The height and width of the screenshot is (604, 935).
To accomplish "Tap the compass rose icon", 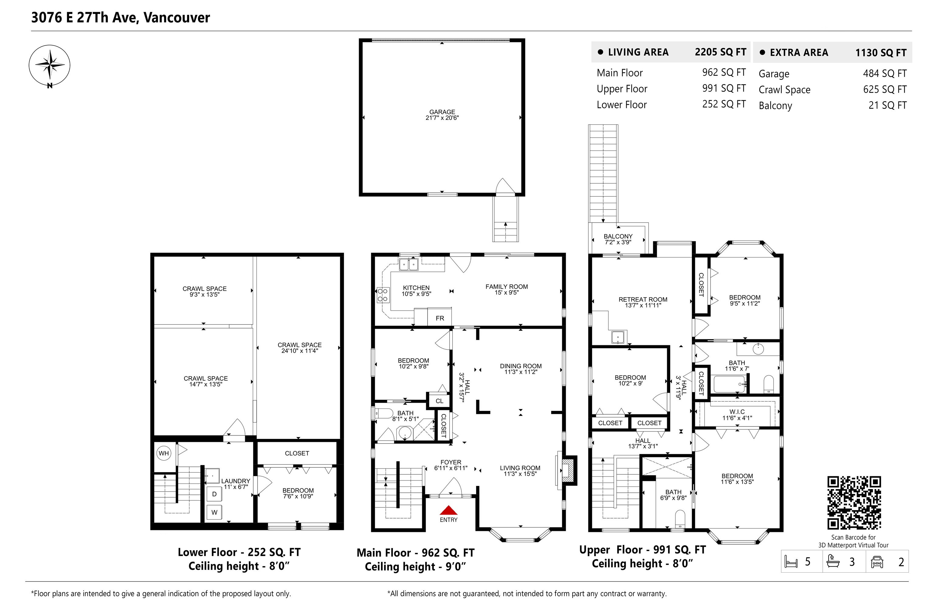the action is click(49, 65).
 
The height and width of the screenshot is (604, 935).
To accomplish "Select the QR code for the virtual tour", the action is click(854, 502).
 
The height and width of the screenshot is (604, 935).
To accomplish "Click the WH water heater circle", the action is click(164, 453).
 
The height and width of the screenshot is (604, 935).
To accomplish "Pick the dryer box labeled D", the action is click(214, 494).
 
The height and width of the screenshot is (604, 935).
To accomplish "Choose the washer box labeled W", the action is click(214, 512).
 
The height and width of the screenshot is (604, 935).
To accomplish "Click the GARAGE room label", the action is click(442, 112).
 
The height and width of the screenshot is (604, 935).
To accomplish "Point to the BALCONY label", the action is click(618, 236).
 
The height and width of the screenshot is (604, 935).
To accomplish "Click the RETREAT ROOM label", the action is click(643, 299).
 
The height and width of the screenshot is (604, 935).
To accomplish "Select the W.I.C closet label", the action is click(737, 412).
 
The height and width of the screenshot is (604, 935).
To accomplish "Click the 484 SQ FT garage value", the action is click(885, 73).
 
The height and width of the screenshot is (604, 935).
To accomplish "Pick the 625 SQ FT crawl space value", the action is click(885, 89).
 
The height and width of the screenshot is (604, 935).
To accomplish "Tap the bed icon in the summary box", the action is click(791, 562).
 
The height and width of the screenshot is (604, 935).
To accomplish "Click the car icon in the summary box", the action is click(877, 562).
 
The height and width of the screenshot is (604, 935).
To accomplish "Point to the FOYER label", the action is click(451, 462).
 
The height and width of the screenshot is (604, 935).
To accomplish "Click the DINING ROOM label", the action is click(520, 366).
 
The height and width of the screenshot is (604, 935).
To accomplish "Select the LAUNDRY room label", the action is click(236, 481).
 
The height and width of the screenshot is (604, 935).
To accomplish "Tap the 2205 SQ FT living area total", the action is click(720, 52).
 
